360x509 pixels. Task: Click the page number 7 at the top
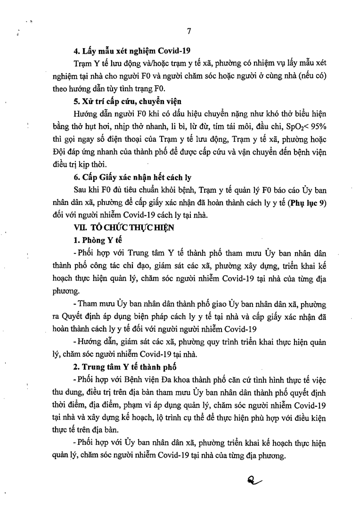click(189, 32)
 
